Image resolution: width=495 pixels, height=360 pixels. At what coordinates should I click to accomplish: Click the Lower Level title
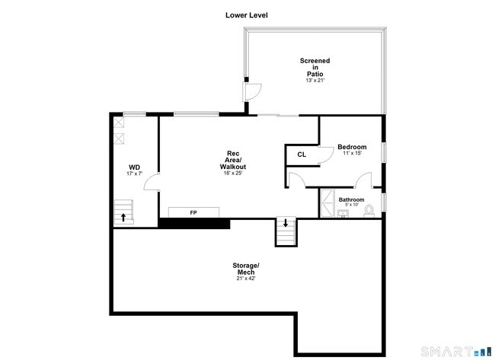tap(247, 15)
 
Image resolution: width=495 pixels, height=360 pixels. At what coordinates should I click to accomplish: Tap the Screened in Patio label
tap(315, 67)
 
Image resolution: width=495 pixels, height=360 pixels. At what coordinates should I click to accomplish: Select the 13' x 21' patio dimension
tap(315, 81)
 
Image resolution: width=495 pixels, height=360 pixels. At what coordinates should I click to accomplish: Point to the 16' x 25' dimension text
tap(233, 174)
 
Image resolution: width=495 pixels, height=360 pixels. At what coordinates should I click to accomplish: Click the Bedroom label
tap(352, 147)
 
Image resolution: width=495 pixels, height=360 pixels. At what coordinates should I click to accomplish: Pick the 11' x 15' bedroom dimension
tap(352, 154)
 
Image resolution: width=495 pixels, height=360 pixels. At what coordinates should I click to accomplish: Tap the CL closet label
tap(302, 155)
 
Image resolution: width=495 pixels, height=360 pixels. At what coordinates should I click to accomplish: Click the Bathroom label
tap(351, 199)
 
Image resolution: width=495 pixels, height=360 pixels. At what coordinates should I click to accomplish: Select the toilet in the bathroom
tap(369, 209)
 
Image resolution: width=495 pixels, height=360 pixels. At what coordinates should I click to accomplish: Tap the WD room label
tap(134, 167)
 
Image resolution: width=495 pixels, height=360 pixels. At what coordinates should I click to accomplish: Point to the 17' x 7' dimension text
tap(134, 174)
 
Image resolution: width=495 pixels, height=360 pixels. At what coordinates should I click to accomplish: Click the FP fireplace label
tap(193, 212)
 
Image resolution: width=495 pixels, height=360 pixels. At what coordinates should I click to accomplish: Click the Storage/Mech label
tap(246, 268)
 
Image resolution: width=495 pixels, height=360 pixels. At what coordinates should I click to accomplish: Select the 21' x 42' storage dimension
tap(246, 279)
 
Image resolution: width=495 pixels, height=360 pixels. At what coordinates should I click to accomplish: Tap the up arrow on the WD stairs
tap(123, 217)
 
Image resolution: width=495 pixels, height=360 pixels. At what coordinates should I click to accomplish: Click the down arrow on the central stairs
tap(286, 223)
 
